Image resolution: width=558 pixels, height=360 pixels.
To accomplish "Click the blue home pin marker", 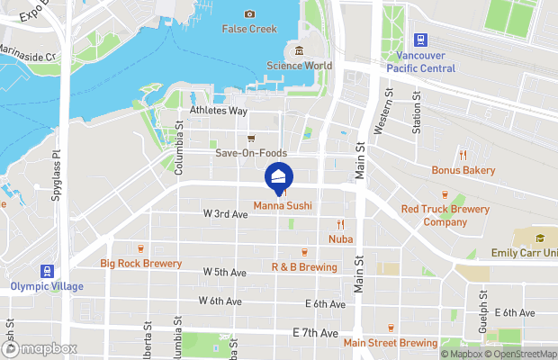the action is pos(278,178).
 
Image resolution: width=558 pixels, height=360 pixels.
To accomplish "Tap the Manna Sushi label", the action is pos(283,206).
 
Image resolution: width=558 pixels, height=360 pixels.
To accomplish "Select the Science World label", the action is pos(300,65).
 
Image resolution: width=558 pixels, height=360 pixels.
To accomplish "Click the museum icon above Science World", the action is pos(300,49).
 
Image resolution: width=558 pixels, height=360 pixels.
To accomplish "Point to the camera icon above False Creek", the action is pos(248,13).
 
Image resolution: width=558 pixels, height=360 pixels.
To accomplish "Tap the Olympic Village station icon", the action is pos(46,270).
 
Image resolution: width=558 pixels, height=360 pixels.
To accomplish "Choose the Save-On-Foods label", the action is pos(251,153).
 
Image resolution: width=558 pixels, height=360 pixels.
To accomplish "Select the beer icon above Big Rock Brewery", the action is pos(140,247).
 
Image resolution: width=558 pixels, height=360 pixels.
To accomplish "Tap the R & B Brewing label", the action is pos(304,267).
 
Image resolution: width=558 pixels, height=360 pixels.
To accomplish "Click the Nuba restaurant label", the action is pos(340,238).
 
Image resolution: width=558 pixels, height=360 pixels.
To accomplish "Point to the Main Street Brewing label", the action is pos(391,343).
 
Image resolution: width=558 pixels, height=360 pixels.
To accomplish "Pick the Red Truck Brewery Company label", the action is pos(446,215).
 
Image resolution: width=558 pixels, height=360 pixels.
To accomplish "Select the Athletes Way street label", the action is pos(218,111).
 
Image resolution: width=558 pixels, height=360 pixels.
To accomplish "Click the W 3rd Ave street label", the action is pos(225,214).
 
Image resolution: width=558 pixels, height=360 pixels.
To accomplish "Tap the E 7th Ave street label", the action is pos(315,333).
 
